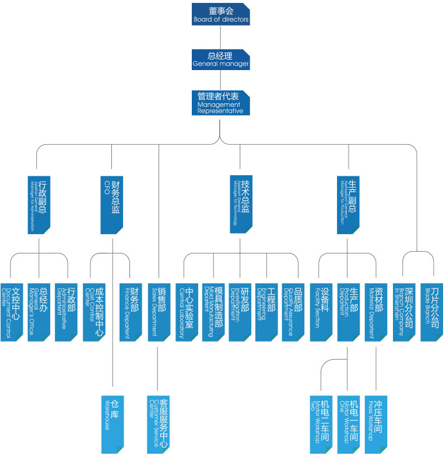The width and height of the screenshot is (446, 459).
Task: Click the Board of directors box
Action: click(221, 14)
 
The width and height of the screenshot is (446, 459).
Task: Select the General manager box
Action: click(221, 59)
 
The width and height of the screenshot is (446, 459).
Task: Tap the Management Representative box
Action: click(221, 102)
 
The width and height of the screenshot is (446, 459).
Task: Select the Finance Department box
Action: click(131, 312)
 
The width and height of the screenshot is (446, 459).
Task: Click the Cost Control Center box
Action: click(94, 312)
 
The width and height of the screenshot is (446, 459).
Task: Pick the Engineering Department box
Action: click(267, 312)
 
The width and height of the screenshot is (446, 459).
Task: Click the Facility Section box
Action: click(321, 312)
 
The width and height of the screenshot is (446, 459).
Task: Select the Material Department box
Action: click(376, 312)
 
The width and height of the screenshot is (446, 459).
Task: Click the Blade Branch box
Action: click(432, 312)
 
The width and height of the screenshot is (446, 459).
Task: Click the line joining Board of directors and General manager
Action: click(221, 37)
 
